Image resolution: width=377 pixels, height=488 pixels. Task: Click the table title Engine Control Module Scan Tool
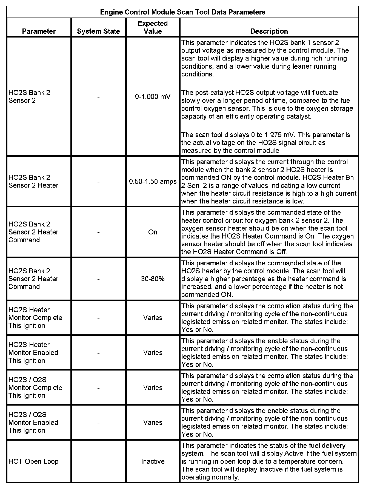(182, 12)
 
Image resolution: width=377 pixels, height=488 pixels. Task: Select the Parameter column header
(39, 31)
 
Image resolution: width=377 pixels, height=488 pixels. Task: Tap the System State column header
(98, 31)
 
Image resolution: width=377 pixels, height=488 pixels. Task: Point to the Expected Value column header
(153, 27)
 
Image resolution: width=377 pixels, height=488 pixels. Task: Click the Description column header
(269, 31)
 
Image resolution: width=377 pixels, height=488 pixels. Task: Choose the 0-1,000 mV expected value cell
(153, 97)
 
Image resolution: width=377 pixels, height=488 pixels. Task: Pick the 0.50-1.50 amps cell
(153, 182)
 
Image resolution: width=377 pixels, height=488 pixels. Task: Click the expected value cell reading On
(153, 232)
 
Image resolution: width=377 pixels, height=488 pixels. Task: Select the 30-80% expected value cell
(153, 279)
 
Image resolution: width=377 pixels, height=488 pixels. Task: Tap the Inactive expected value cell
(153, 461)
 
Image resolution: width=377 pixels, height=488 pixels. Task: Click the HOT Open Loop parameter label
(33, 461)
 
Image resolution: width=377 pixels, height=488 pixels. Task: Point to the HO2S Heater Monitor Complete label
(35, 318)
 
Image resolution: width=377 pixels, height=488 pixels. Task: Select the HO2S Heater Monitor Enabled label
(33, 353)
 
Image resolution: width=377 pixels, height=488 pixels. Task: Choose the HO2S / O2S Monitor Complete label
(35, 387)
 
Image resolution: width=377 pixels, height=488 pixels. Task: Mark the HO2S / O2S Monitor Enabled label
(33, 423)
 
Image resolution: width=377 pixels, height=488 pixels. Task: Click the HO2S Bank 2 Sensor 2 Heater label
(33, 182)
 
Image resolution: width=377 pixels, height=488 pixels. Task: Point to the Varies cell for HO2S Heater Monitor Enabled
(153, 353)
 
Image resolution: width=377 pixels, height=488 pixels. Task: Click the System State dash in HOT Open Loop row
(98, 461)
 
